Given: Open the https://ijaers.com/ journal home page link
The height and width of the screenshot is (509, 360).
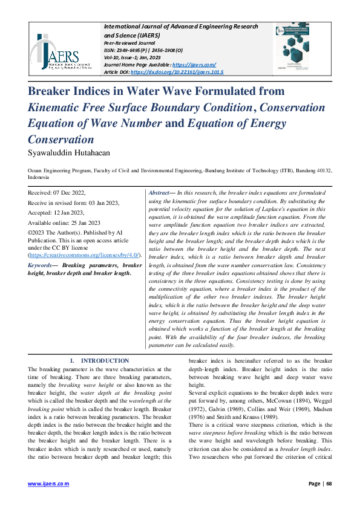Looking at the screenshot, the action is (194, 64).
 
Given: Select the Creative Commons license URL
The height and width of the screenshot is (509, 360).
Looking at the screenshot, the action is (84, 256).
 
